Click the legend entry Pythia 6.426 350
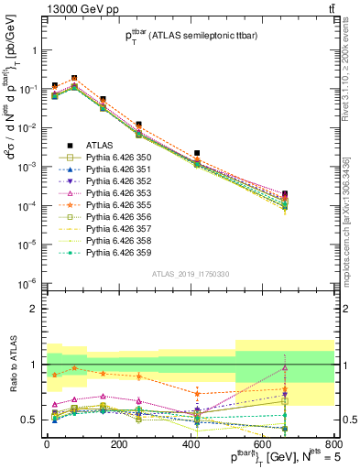(119, 158)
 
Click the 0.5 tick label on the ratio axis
(31, 420)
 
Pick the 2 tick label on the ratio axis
(35, 309)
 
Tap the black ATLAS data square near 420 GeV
(198, 153)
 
